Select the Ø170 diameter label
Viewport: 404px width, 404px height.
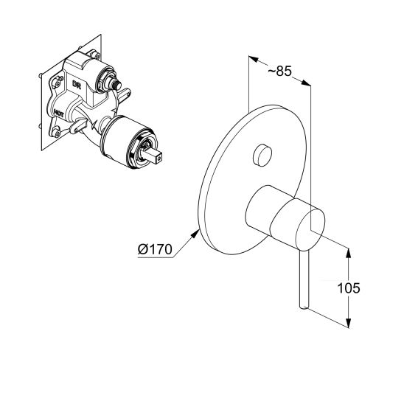click(x=154, y=250)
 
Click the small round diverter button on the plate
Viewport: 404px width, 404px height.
click(x=260, y=155)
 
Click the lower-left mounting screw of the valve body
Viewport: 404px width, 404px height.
click(x=56, y=134)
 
